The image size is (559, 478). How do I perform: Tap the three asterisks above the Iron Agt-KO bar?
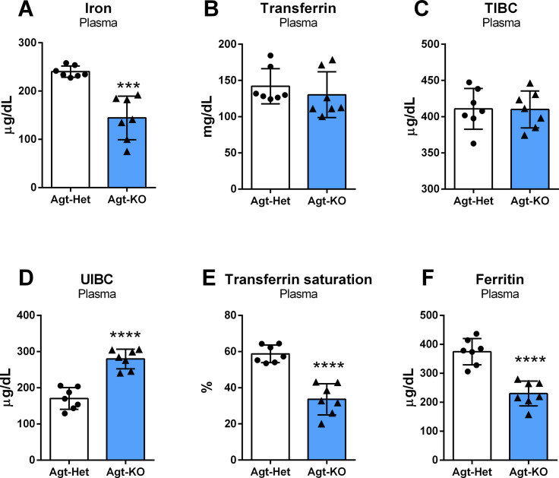[128, 84]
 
